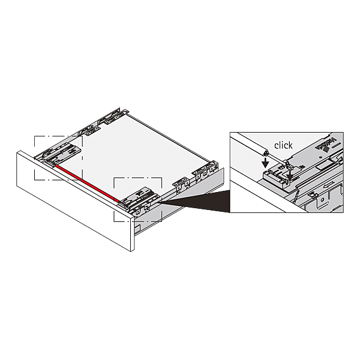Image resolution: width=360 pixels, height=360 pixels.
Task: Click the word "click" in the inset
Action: pos(283,145)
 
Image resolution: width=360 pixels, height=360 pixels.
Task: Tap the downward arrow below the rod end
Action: pos(266,163)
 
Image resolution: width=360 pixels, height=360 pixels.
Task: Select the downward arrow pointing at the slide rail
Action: pos(290,175)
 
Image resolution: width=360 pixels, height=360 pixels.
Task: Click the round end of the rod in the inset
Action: pos(266,152)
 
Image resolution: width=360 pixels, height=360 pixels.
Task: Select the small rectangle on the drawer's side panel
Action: pos(137,229)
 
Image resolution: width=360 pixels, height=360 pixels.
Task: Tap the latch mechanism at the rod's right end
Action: pos(138,197)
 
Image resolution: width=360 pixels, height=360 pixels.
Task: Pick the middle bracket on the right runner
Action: pos(182,184)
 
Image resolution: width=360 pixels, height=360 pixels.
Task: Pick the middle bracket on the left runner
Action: pos(93,131)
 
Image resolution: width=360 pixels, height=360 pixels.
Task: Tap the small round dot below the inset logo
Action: pos(322,157)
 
